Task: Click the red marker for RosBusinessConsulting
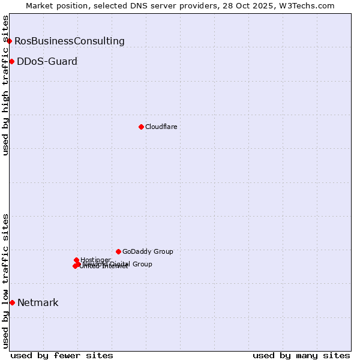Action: coord(10,41)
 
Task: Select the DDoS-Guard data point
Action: coord(11,61)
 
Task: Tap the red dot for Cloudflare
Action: coord(141,127)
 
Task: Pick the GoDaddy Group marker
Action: coord(118,251)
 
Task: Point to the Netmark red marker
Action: coord(12,302)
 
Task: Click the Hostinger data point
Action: coord(76,260)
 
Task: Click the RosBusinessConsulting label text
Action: coord(70,41)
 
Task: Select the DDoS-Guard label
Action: coord(47,61)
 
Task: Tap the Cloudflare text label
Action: coord(161,127)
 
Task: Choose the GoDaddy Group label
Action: coord(148,251)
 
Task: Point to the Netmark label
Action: coord(38,302)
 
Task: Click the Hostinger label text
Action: coord(95,260)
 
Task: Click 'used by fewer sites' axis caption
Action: coord(62,355)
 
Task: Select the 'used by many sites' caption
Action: coord(301,355)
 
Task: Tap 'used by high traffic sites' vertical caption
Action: coord(6,85)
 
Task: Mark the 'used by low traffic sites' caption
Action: coord(6,281)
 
